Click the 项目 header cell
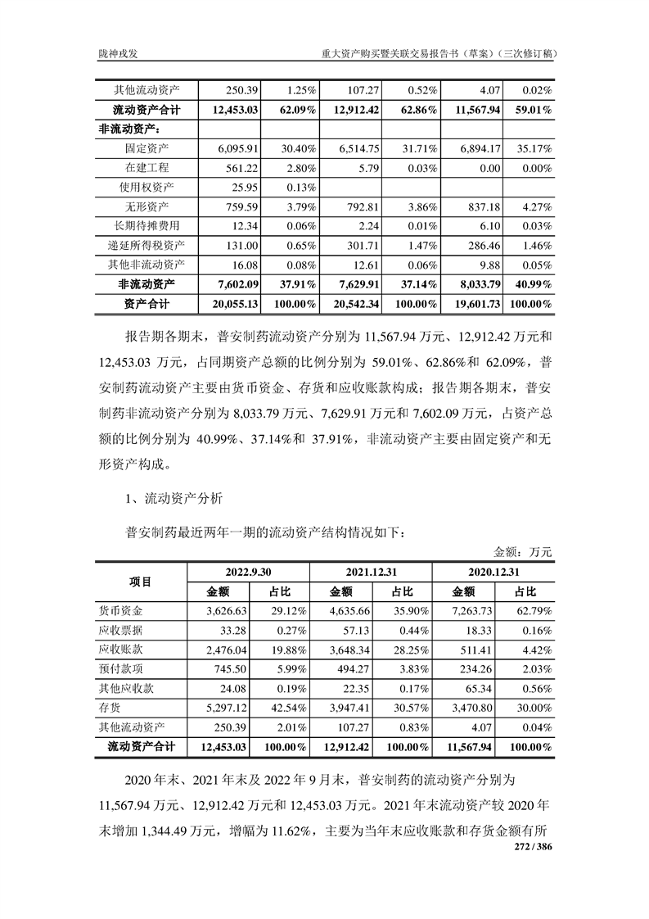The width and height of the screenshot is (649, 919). pos(141,582)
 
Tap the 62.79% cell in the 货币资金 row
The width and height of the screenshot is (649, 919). pos(532,611)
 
